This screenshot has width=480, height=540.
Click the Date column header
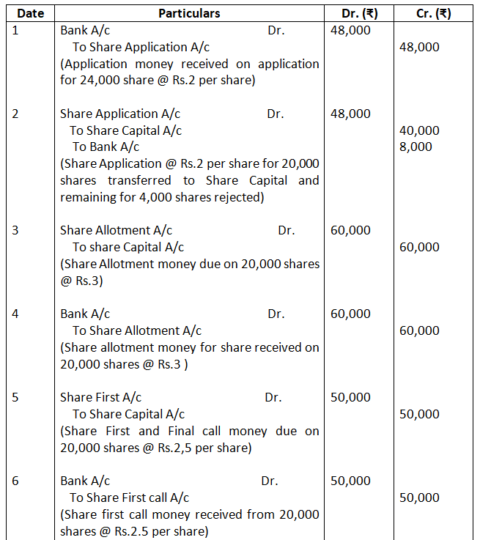(30, 13)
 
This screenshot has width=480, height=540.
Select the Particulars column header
(189, 13)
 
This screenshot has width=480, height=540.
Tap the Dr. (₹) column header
(361, 13)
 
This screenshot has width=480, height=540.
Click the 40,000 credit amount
(420, 130)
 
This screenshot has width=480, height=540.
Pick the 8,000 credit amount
(416, 147)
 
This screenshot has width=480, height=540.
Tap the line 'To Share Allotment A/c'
(137, 330)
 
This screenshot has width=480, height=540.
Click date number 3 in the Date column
(16, 230)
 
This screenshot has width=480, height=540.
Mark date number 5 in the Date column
(16, 397)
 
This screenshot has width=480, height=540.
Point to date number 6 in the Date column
(16, 481)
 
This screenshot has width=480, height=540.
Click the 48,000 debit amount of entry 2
(351, 114)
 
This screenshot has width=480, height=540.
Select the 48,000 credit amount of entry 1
(420, 47)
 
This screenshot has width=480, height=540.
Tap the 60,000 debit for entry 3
(351, 230)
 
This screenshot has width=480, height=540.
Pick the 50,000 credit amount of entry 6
(420, 498)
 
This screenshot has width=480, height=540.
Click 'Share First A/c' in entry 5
(101, 397)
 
